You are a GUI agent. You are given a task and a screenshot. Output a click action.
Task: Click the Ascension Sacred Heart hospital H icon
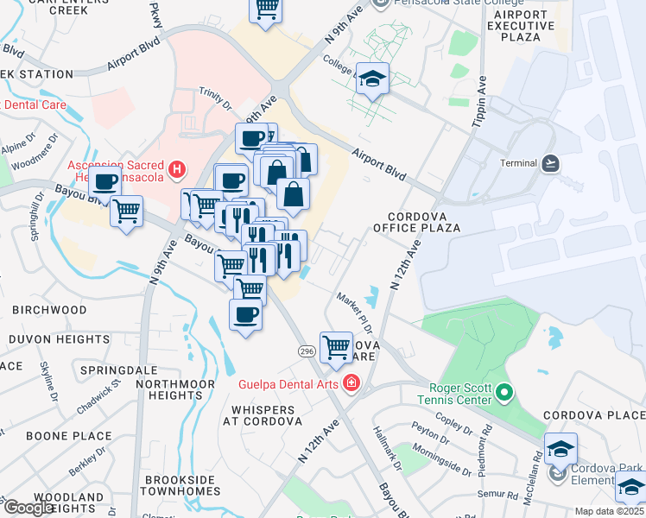177,171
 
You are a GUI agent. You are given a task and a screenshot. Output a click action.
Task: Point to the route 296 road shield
307,351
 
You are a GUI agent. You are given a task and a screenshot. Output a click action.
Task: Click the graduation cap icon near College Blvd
372,80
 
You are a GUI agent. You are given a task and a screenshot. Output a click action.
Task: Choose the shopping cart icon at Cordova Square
336,348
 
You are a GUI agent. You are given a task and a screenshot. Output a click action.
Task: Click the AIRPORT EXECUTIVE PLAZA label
521,26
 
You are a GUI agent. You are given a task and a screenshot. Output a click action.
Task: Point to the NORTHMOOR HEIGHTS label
169,388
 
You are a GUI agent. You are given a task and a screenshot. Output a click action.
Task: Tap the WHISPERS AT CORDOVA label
262,414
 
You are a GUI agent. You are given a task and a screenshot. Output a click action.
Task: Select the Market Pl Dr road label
354,310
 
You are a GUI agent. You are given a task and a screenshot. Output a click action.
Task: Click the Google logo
28,508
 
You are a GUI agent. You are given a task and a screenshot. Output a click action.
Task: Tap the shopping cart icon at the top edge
267,9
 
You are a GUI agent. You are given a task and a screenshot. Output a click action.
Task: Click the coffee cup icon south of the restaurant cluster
246,314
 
